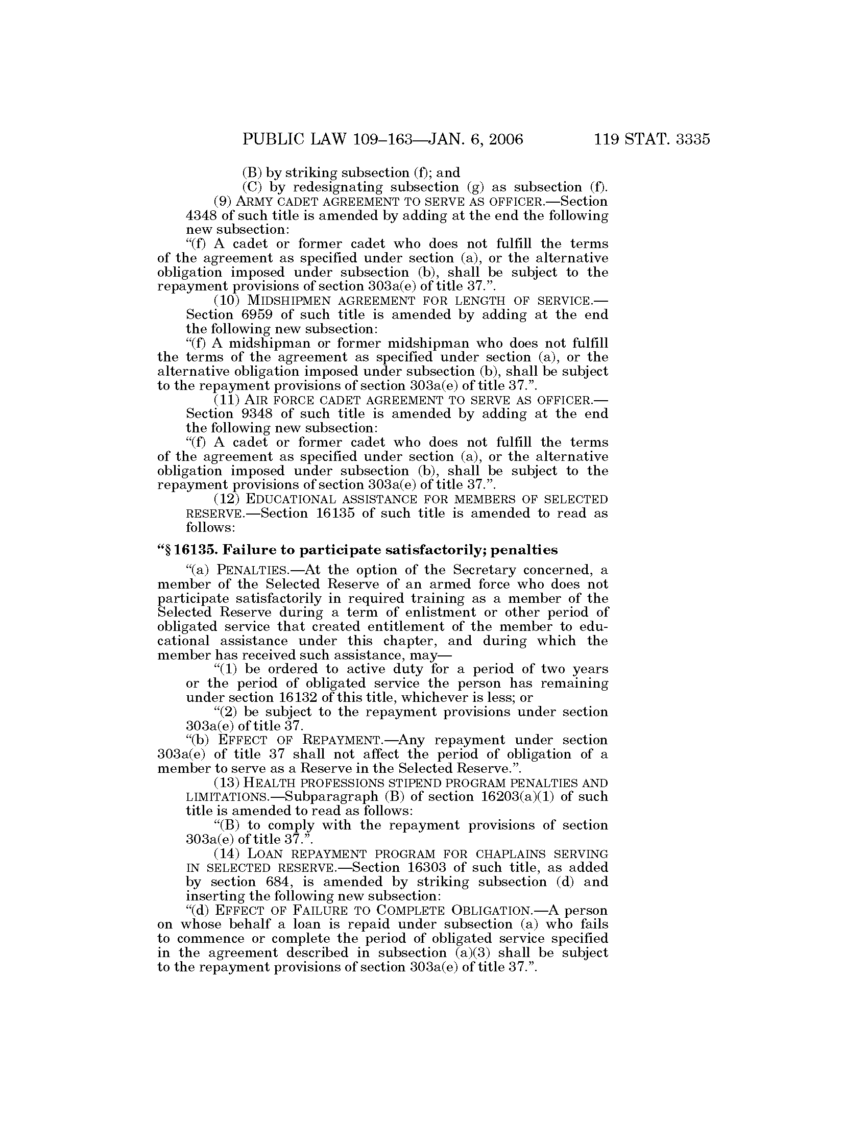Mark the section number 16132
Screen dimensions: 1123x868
coord(272,698)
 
